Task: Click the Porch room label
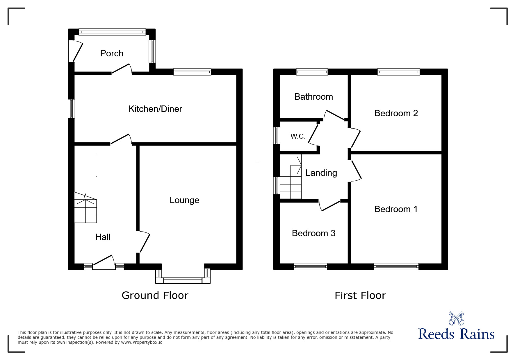click(x=112, y=53)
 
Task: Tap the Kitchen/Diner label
click(x=155, y=109)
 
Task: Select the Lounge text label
click(x=184, y=200)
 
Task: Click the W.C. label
click(x=298, y=136)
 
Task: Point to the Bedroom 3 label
click(x=313, y=233)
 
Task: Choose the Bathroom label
click(x=313, y=97)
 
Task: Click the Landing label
click(x=321, y=173)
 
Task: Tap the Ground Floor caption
click(x=155, y=295)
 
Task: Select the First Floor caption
click(x=360, y=295)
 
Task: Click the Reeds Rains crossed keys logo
click(x=456, y=318)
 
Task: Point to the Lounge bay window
click(x=183, y=280)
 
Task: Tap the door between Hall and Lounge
click(x=144, y=242)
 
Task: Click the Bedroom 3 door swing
click(x=330, y=205)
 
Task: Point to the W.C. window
click(x=277, y=135)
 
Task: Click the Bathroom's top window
click(x=312, y=72)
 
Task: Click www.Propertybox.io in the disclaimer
click(x=142, y=342)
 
